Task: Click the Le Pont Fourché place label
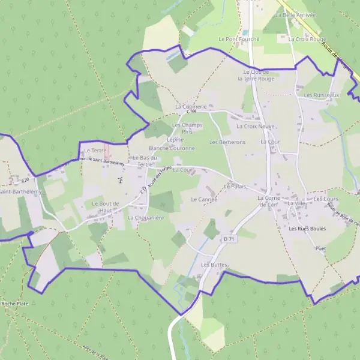(239, 39)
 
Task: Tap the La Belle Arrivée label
(296, 14)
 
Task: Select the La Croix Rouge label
(302, 39)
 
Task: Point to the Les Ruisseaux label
(322, 95)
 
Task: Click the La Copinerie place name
(191, 106)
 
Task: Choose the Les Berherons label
(227, 142)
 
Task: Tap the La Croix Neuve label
(255, 127)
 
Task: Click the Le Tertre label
(94, 150)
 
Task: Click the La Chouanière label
(145, 218)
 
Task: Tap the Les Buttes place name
(215, 265)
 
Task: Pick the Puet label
(320, 247)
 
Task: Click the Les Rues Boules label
(307, 229)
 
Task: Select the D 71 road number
(228, 239)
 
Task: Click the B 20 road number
(25, 180)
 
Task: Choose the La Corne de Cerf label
(269, 201)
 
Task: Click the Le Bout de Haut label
(106, 207)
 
